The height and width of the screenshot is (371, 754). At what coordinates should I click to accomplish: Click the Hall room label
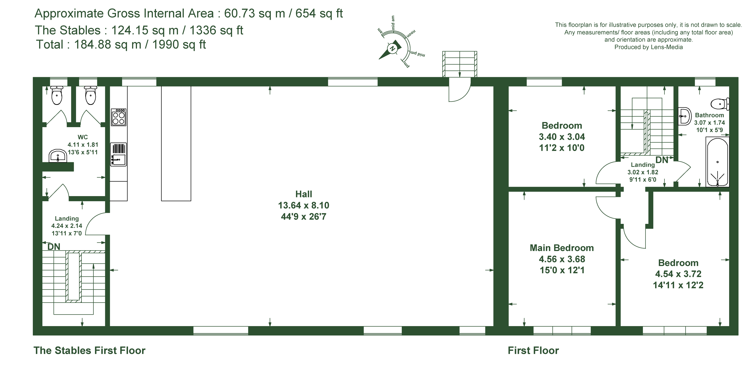[x=304, y=194]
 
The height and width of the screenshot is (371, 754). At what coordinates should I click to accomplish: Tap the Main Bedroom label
[x=562, y=248]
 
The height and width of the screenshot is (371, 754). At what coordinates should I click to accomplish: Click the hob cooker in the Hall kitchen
[x=119, y=117]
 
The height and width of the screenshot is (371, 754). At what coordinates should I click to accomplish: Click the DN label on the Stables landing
[x=54, y=247]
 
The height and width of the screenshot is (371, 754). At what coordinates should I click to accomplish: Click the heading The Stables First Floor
[x=89, y=350]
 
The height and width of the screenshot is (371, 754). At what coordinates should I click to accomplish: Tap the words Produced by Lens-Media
[x=648, y=47]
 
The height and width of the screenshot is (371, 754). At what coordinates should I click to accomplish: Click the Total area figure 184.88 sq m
[x=108, y=44]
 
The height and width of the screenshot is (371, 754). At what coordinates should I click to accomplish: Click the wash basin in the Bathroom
[x=684, y=116]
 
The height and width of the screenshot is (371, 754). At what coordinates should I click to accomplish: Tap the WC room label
[x=83, y=137]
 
